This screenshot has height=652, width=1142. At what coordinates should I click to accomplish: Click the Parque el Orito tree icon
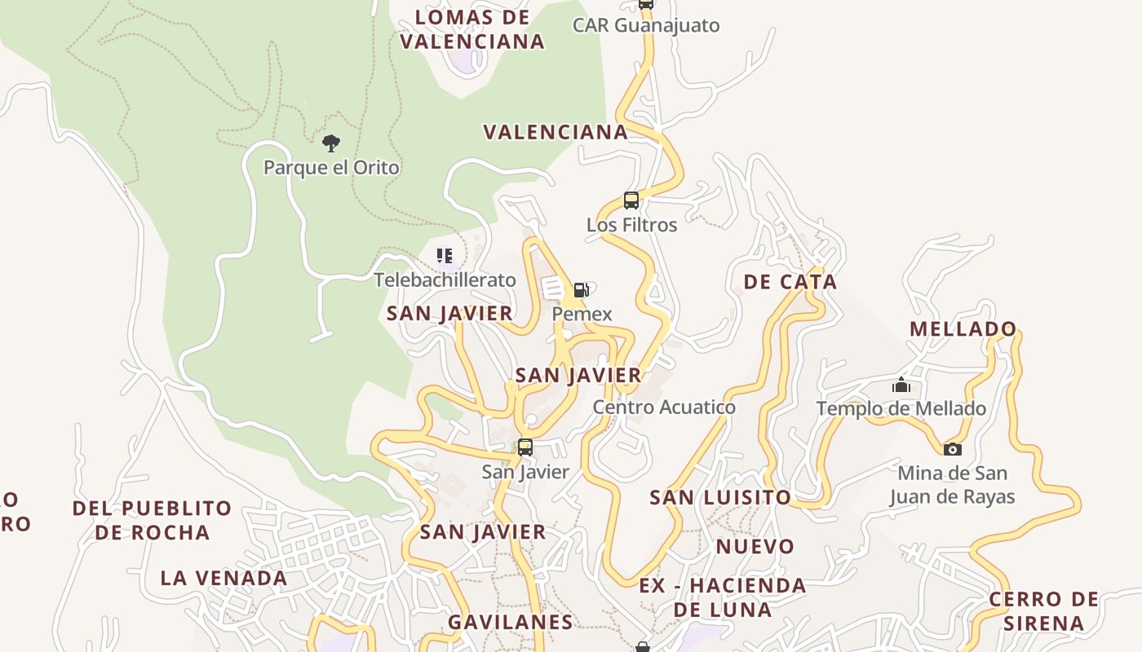click(330, 144)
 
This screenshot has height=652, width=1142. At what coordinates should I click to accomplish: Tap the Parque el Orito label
click(331, 168)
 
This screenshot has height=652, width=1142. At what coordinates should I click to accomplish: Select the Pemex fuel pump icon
click(581, 290)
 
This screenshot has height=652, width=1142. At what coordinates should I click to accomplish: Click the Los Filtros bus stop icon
click(631, 200)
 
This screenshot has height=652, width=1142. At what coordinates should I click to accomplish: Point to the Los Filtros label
click(631, 225)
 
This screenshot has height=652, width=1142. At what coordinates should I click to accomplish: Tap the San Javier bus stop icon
click(525, 447)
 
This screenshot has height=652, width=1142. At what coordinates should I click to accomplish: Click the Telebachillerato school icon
click(445, 257)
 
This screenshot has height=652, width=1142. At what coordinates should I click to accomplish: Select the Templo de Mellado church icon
click(901, 385)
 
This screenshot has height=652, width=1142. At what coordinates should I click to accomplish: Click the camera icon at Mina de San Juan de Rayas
click(952, 449)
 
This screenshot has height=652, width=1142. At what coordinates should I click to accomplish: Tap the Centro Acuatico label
click(664, 407)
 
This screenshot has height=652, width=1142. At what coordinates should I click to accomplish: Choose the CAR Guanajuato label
click(646, 25)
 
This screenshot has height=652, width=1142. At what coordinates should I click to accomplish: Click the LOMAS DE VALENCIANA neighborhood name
click(472, 29)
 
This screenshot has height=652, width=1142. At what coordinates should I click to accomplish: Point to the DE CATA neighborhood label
click(790, 282)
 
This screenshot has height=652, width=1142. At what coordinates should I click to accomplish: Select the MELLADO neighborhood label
click(963, 329)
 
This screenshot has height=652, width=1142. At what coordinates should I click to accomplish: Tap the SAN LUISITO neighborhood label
click(719, 497)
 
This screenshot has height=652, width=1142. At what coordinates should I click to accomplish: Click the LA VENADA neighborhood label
click(224, 579)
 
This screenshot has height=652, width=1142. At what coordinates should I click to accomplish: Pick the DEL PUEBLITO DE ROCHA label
click(152, 520)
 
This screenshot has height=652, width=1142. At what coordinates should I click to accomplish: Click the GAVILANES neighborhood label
click(511, 623)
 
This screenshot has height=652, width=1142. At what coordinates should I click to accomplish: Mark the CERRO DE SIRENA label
click(1044, 611)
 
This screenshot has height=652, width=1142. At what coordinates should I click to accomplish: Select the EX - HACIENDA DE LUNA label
click(722, 597)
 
